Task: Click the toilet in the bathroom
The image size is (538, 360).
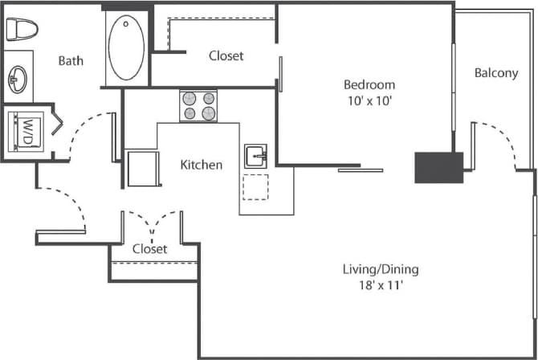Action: [22, 29]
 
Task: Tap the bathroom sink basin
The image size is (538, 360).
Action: [18, 78]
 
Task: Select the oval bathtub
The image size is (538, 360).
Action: [127, 48]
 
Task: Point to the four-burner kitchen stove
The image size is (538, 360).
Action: [198, 106]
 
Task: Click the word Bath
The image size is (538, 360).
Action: [71, 60]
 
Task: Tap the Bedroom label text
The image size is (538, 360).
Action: [369, 84]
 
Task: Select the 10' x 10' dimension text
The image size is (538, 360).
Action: [369, 100]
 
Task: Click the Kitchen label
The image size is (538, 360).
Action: [201, 165]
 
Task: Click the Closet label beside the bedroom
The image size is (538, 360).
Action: [226, 55]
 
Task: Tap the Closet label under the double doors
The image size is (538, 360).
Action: [150, 249]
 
